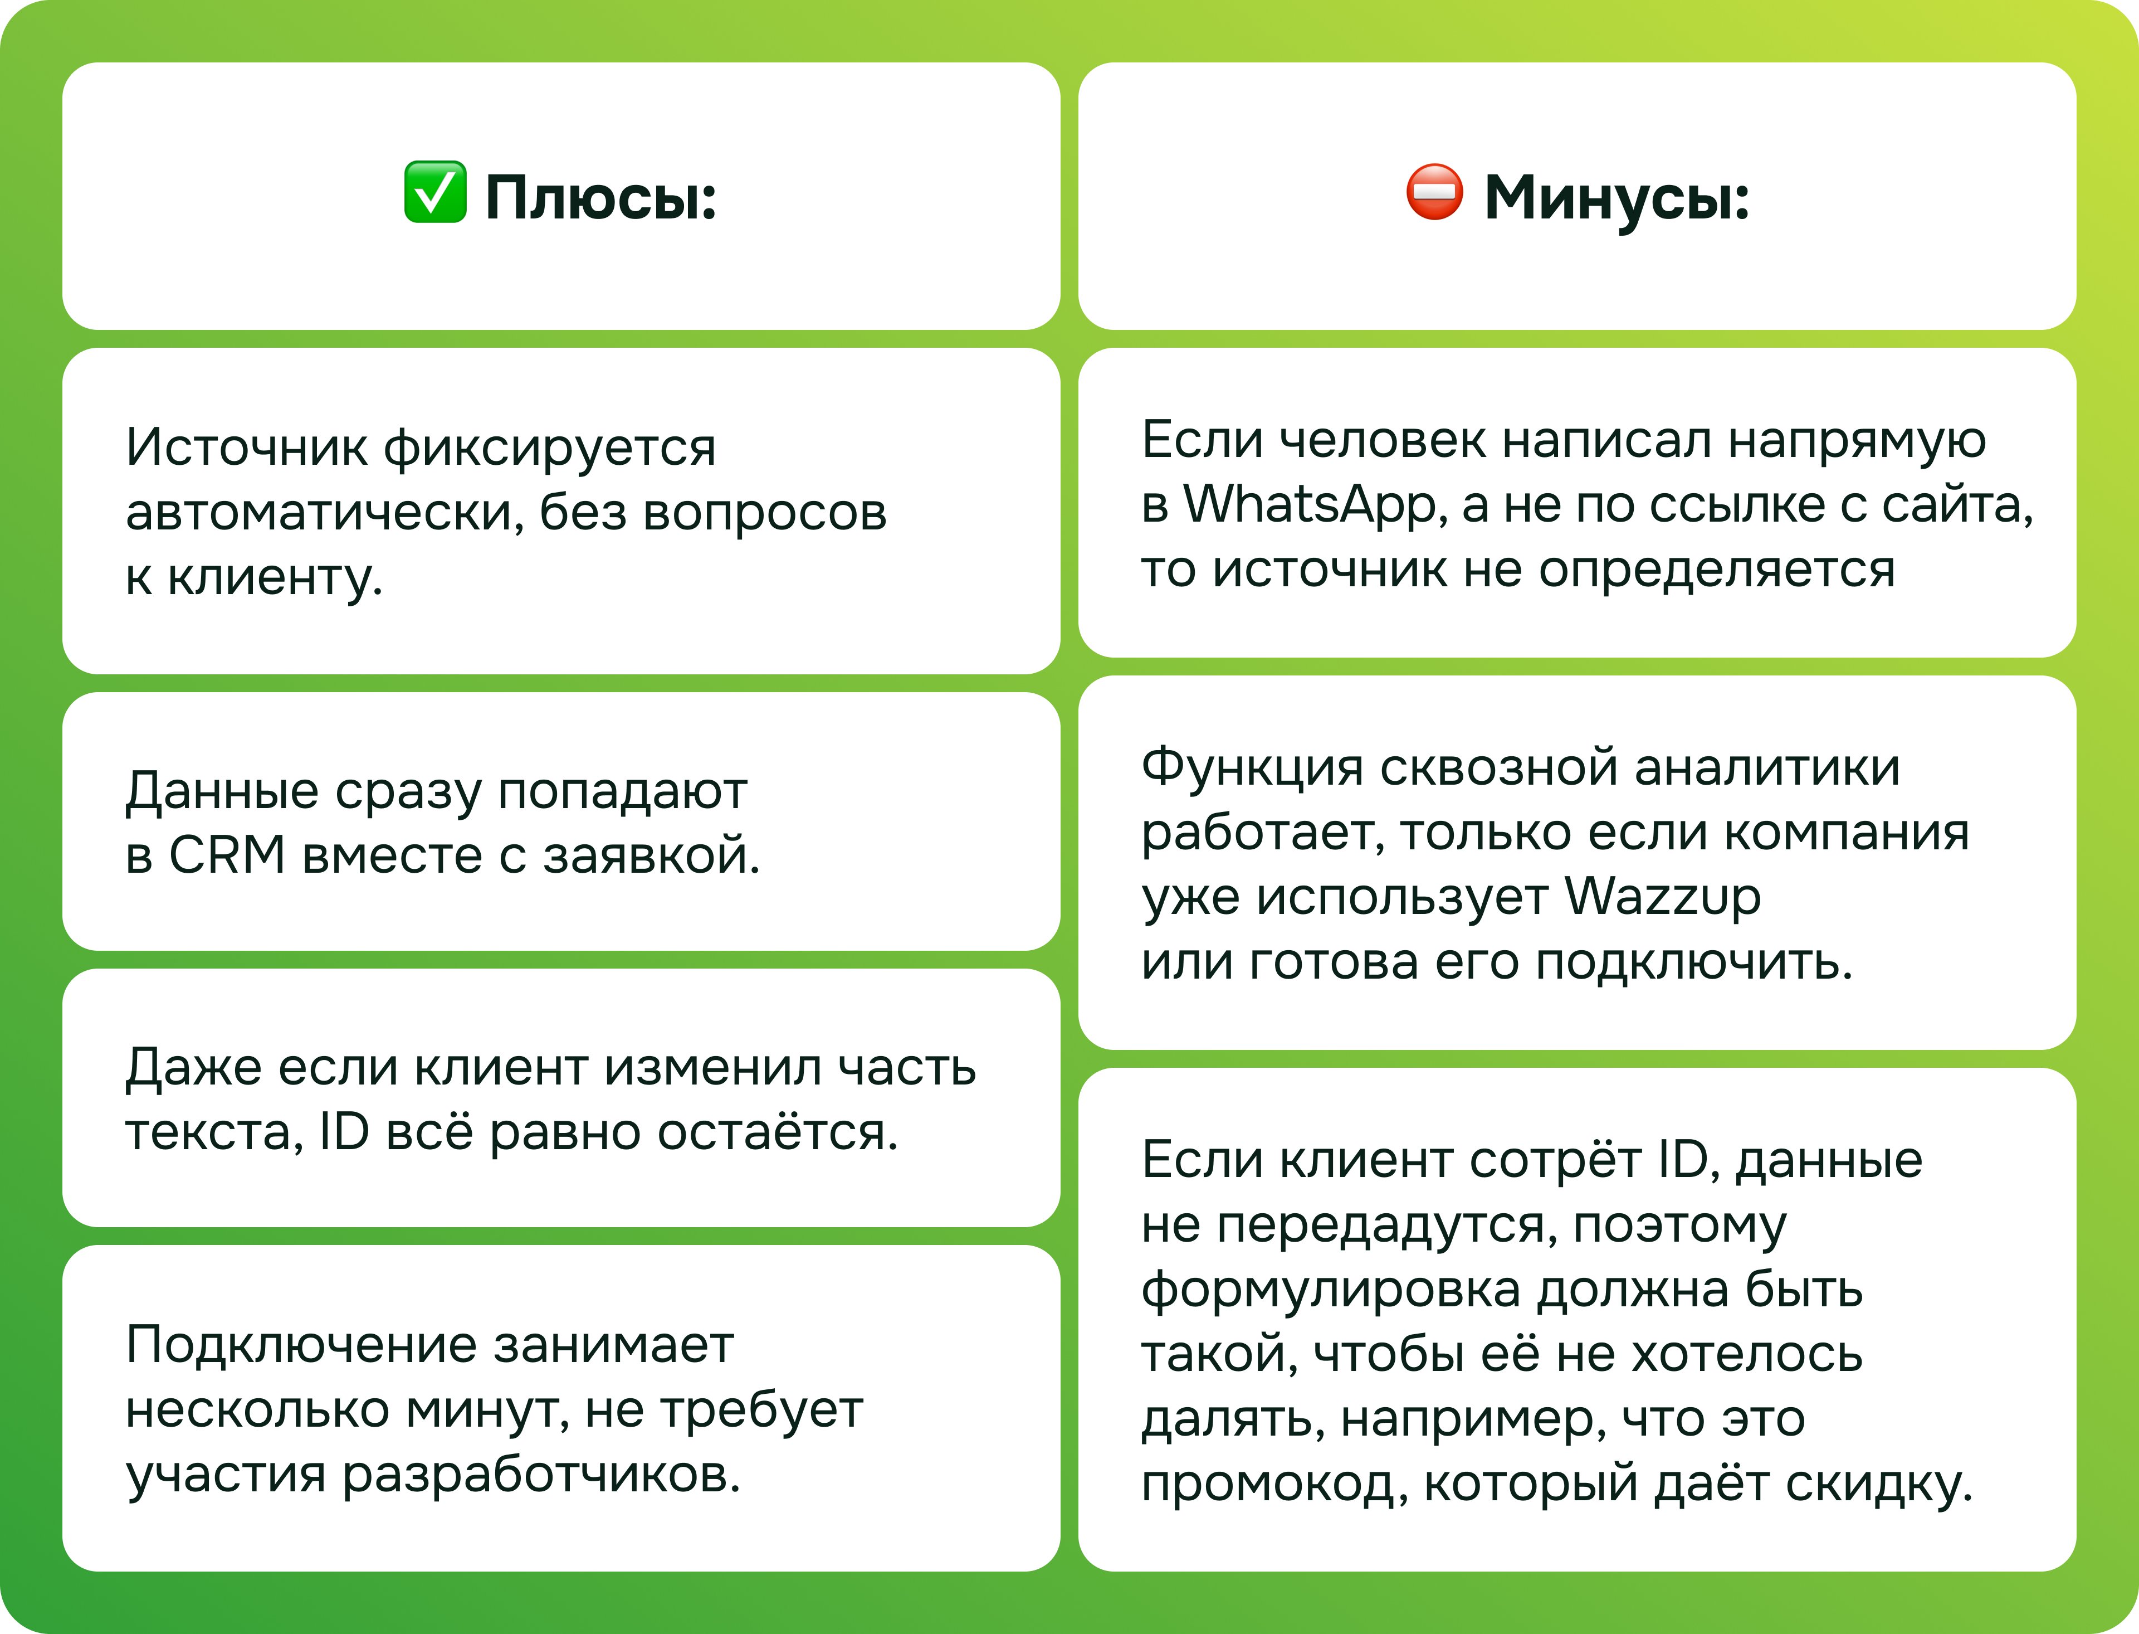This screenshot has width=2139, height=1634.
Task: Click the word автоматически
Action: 325,513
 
